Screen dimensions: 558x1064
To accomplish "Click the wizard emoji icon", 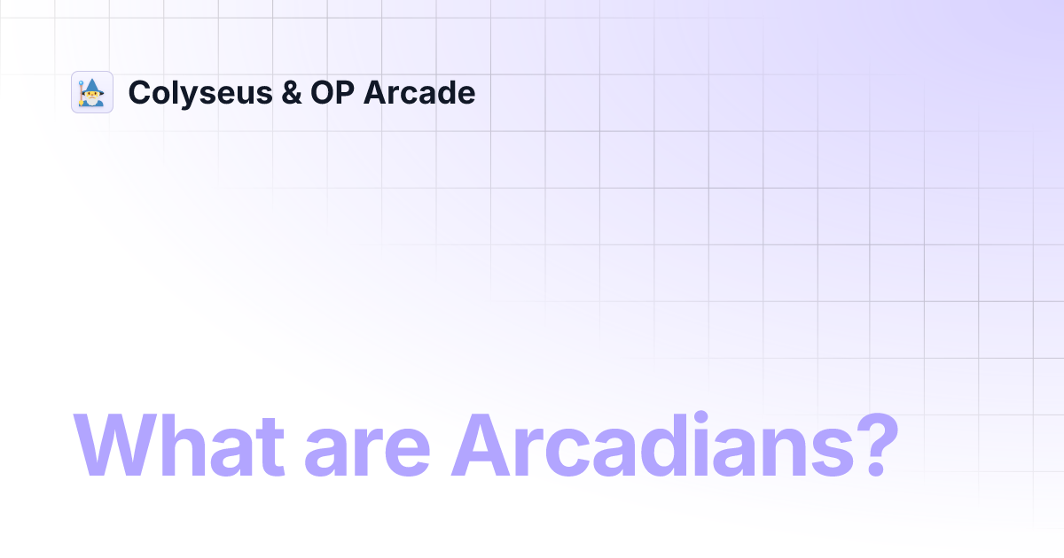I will click(92, 92).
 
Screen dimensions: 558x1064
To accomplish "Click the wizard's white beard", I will click(94, 100).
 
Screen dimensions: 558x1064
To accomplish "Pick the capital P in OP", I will click(340, 93).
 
